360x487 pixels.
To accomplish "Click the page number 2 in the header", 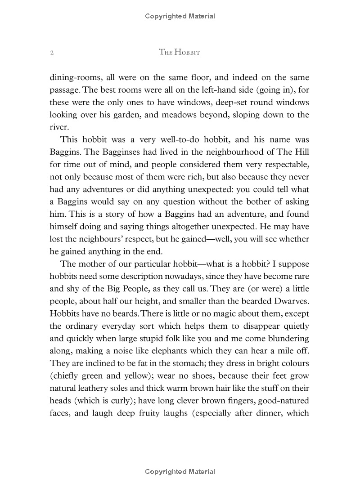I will tap(52, 53).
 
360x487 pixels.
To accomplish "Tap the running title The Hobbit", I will tap(180, 53).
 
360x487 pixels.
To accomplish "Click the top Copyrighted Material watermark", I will tap(180, 17).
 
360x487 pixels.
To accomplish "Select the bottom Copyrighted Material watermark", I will tap(180, 472).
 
